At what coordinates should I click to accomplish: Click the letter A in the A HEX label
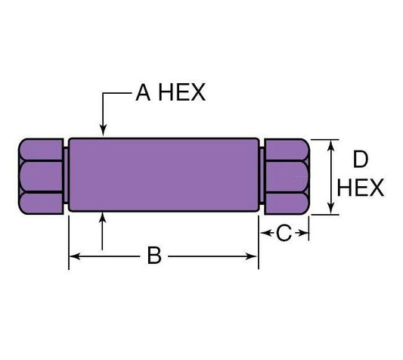(143, 93)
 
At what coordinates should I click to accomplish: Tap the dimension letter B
(153, 256)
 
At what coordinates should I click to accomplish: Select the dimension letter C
(283, 234)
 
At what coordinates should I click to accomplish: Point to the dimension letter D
(361, 159)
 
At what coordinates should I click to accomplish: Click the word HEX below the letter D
(361, 187)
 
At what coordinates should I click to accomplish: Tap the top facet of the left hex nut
(39, 148)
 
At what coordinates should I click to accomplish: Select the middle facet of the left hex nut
(39, 175)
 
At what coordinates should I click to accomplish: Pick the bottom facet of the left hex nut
(39, 202)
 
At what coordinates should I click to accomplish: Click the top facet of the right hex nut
(286, 148)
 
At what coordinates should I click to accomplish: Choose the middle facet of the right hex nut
(286, 175)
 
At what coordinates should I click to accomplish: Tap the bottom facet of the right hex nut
(286, 202)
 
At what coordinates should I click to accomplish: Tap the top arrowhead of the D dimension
(330, 144)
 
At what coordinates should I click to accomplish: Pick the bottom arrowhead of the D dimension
(330, 209)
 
